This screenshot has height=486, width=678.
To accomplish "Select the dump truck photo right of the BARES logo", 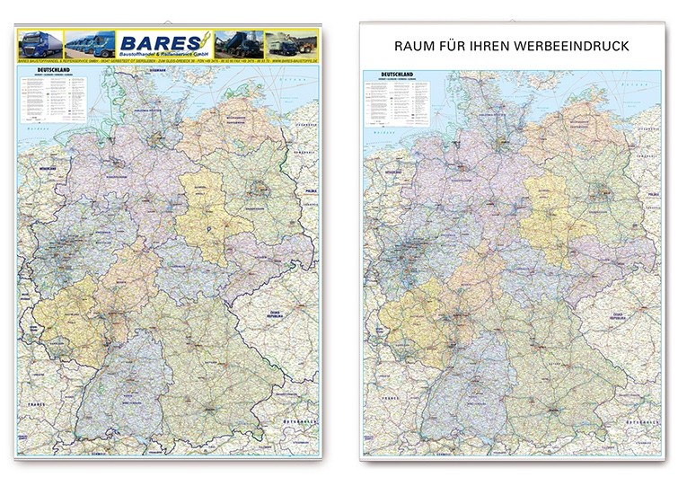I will click(245, 44).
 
